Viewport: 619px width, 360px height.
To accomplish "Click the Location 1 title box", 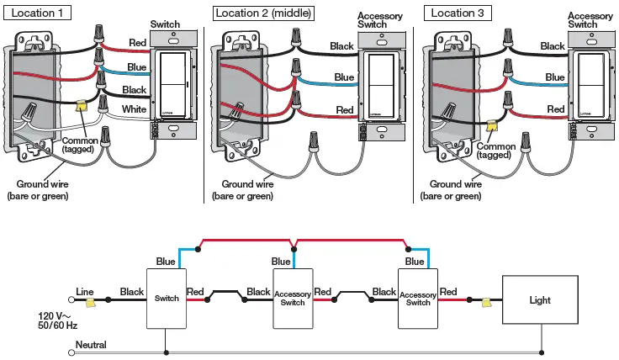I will [x=38, y=13].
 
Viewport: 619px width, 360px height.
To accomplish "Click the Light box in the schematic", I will [x=539, y=299].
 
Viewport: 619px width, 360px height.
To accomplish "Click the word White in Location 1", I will [x=134, y=109].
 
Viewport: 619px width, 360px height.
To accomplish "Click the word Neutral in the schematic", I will [x=90, y=345].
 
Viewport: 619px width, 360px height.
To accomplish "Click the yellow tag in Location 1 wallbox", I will [x=82, y=106].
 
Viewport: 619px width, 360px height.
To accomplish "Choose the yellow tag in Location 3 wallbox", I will [x=490, y=124].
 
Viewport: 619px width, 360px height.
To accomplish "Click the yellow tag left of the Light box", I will [x=486, y=300].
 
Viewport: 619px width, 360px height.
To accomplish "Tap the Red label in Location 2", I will [x=344, y=109].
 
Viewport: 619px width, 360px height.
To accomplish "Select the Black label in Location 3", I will [x=553, y=46].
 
